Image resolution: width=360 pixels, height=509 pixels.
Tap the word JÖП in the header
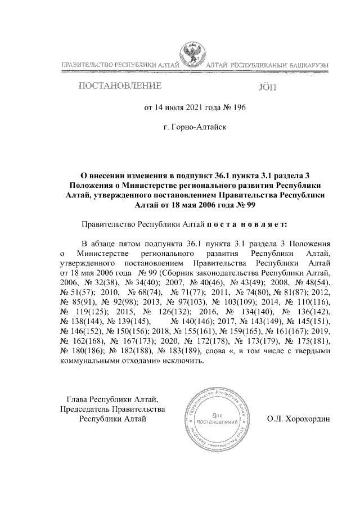pos(266,87)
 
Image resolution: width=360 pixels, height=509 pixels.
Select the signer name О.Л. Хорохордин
pos(299,418)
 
